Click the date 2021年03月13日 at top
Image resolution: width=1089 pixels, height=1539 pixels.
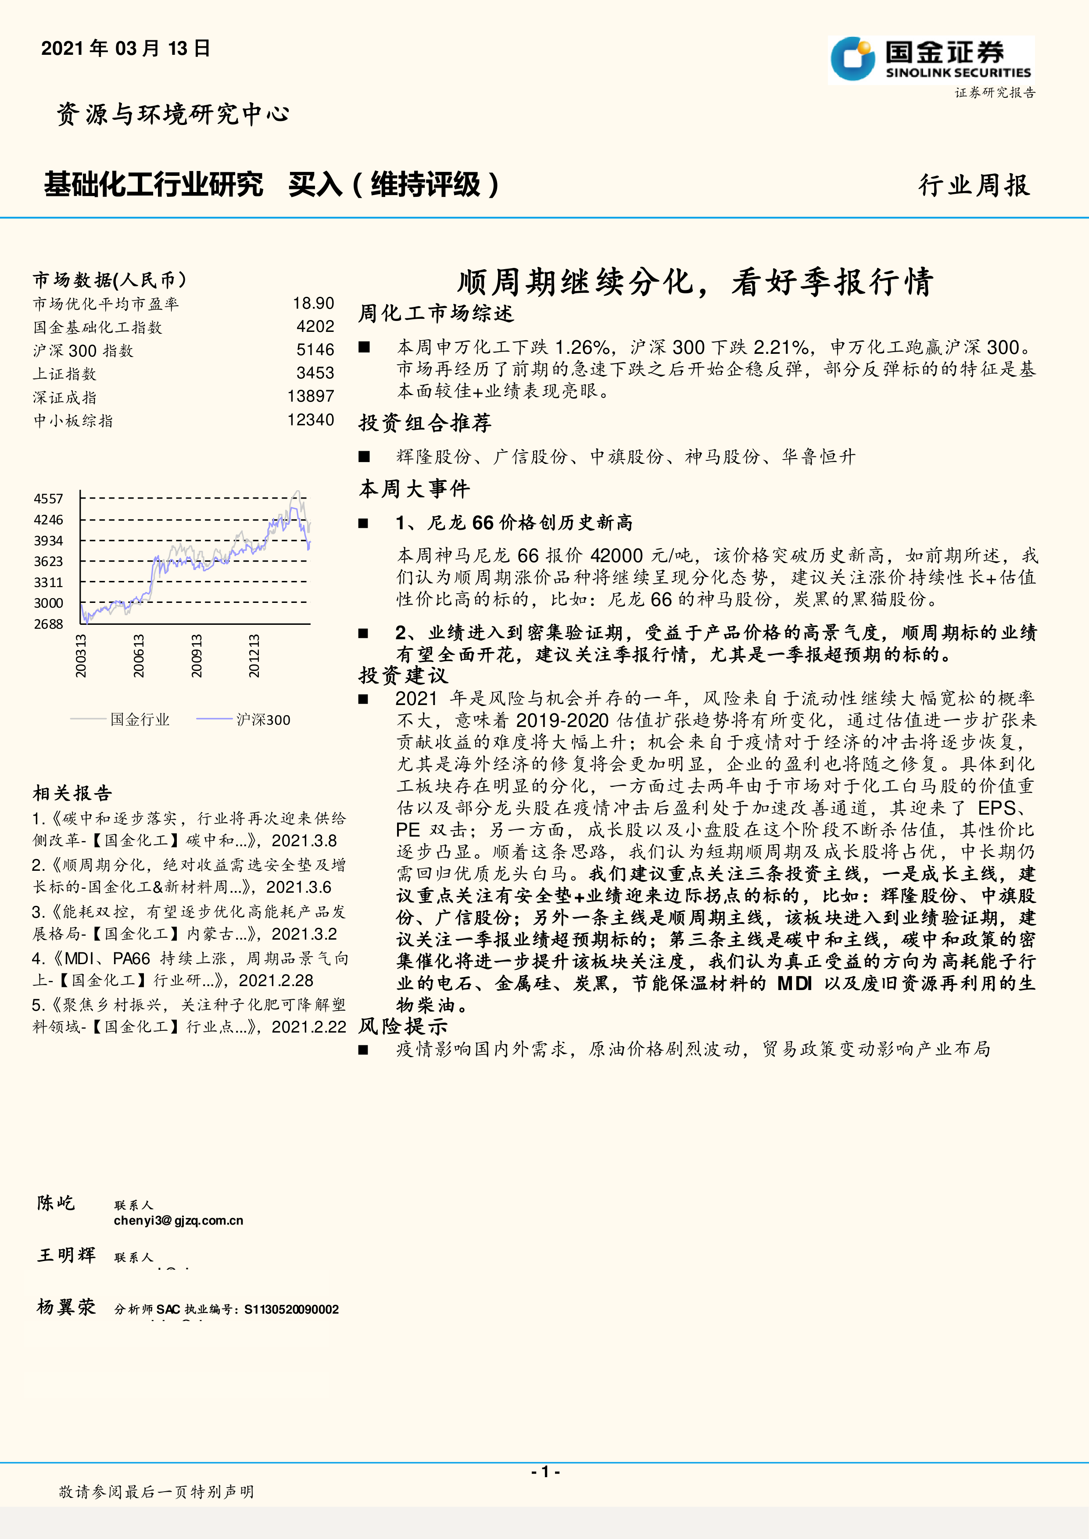[126, 48]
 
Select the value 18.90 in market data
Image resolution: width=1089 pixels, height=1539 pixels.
[313, 304]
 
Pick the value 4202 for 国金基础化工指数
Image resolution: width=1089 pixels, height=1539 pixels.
[315, 326]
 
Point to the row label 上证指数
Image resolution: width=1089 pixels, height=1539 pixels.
[65, 374]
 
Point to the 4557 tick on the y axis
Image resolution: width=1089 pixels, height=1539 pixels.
[48, 499]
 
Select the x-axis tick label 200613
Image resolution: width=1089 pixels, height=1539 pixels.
[138, 655]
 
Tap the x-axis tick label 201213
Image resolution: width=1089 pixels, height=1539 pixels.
[254, 655]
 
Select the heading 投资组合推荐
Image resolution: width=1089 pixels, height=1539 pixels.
[425, 423]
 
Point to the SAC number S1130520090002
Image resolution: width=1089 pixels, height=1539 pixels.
[292, 1309]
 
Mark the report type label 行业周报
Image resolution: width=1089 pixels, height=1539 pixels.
[974, 185]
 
